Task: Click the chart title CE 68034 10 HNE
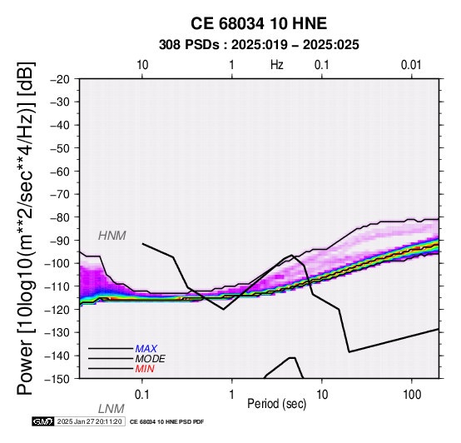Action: (259, 23)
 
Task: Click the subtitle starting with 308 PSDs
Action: (259, 45)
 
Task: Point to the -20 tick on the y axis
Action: (60, 79)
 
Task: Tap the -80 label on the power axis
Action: (60, 217)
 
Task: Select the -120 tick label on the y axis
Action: (57, 310)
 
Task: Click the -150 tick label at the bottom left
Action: (57, 379)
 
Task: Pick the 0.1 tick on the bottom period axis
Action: (142, 395)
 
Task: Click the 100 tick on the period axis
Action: (412, 395)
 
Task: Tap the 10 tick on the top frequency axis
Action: (142, 65)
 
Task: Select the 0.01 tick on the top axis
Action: (411, 65)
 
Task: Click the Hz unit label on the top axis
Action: (277, 65)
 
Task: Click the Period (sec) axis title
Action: (276, 404)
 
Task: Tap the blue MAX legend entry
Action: (146, 349)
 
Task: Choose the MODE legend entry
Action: (151, 359)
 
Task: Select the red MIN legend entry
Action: (145, 369)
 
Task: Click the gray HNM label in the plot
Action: (112, 236)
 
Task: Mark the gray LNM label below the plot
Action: (112, 409)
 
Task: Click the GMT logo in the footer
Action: (43, 422)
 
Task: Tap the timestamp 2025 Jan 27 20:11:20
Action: (90, 422)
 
